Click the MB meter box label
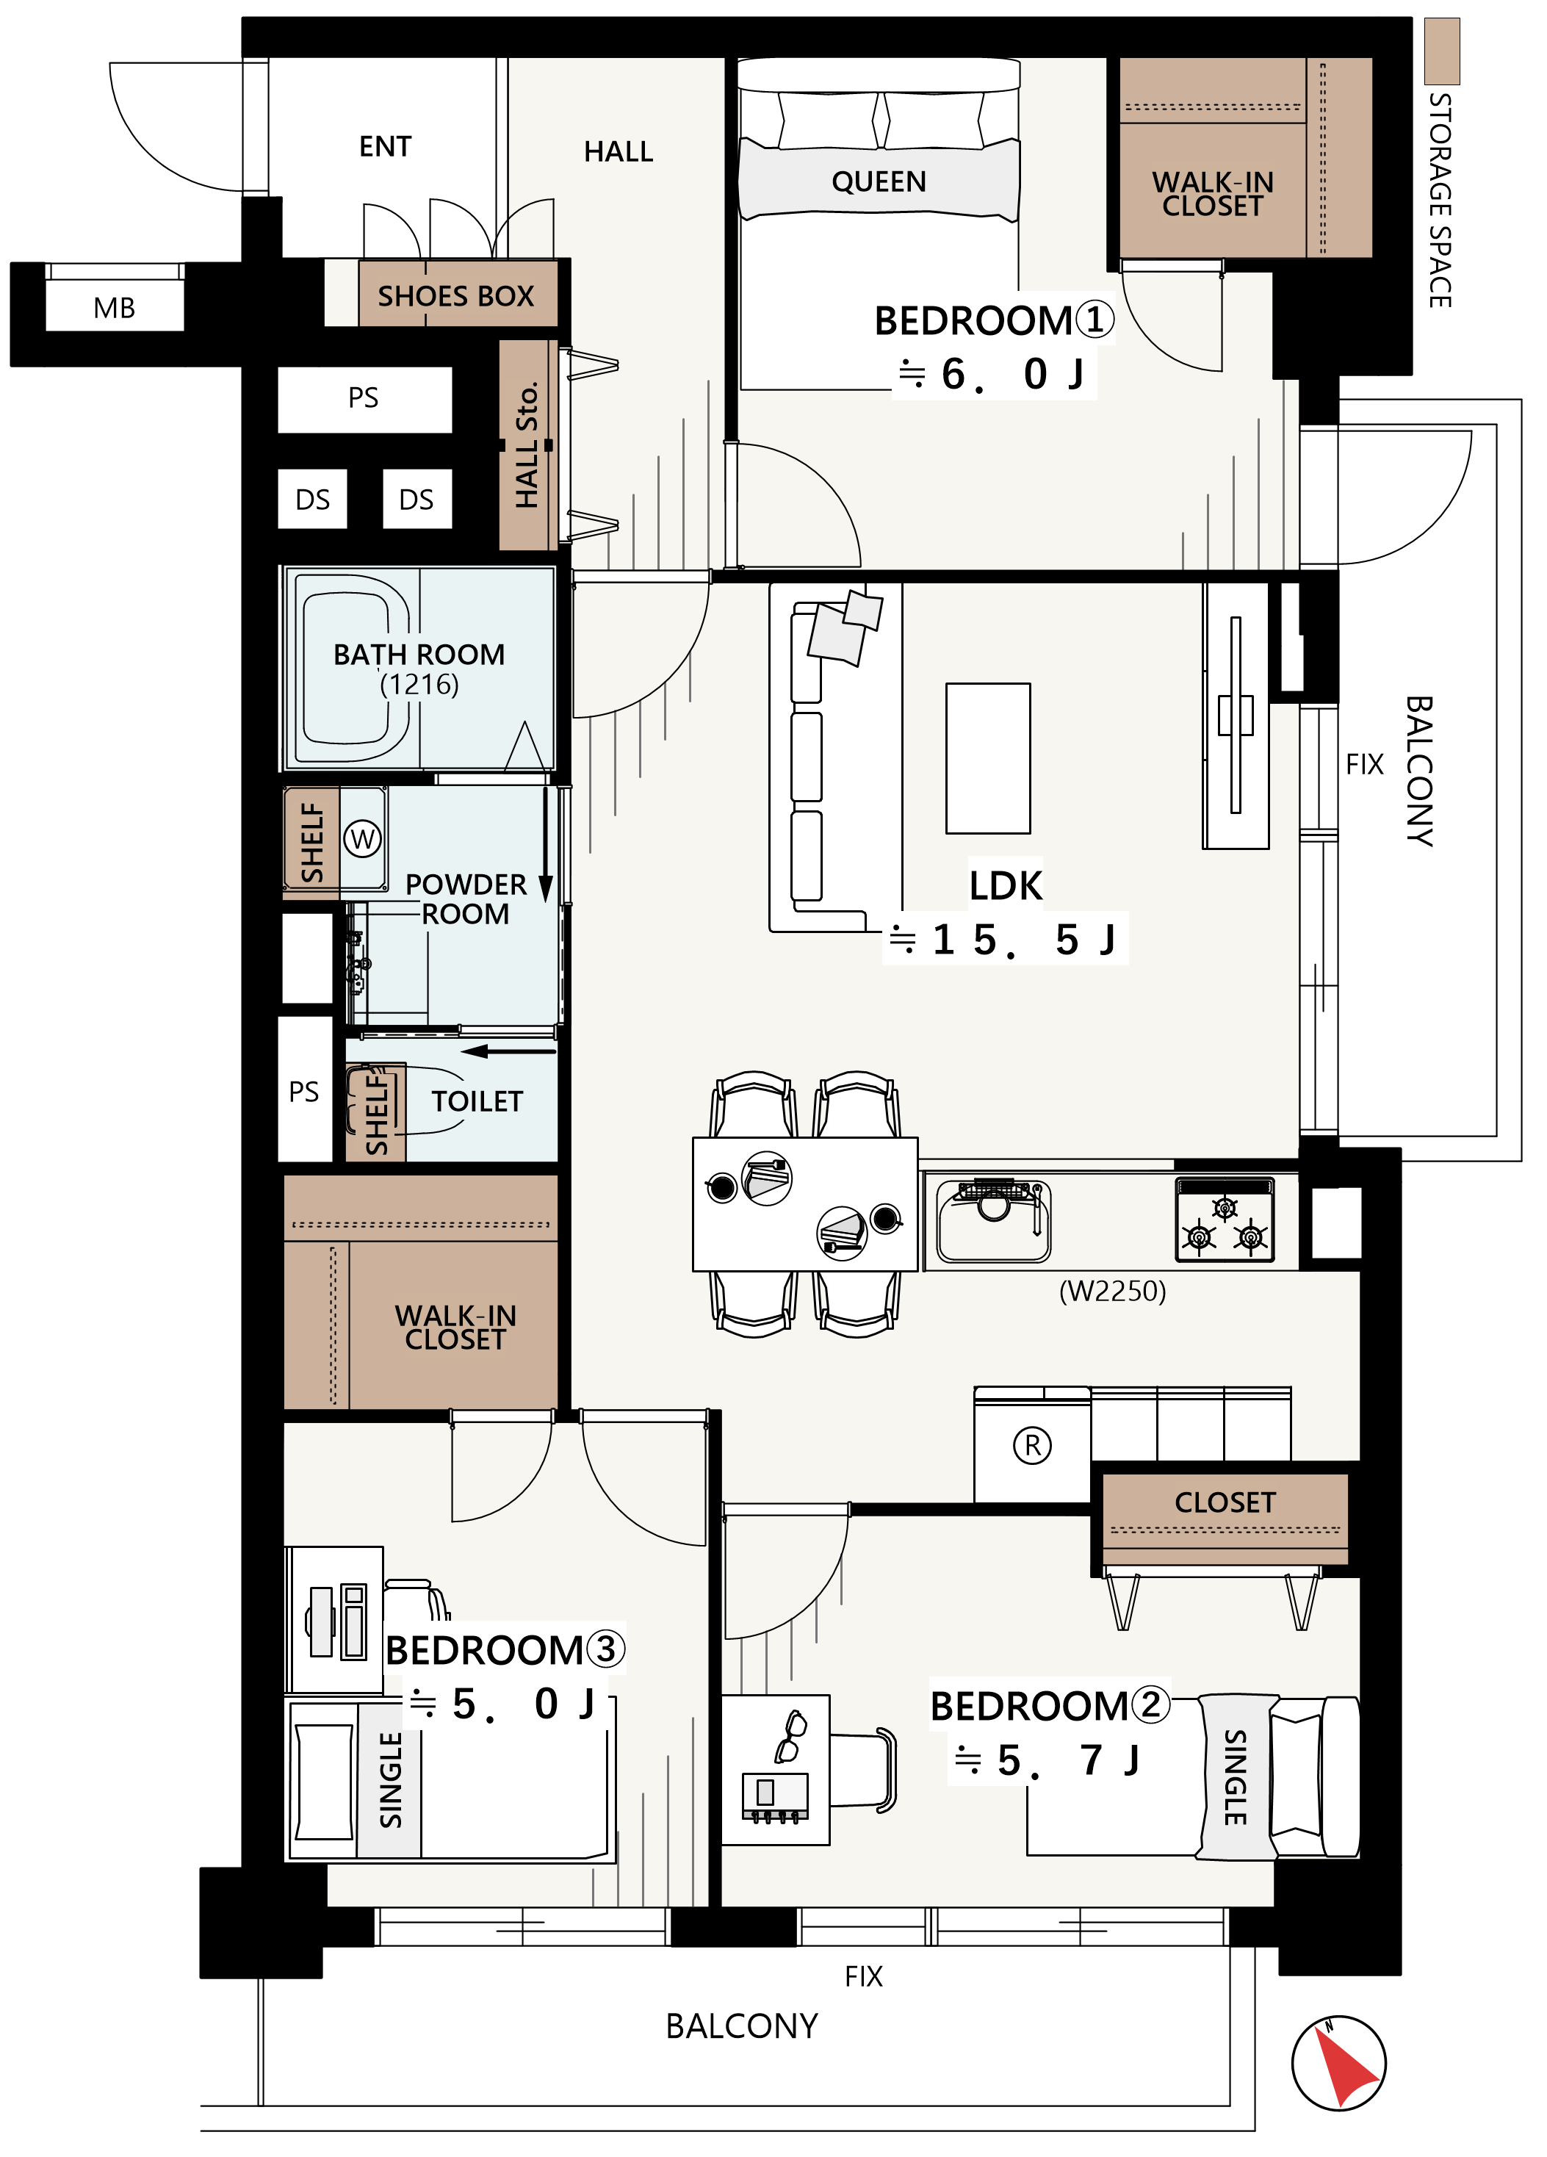[x=114, y=308]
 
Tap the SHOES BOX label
[x=455, y=296]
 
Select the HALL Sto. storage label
[x=527, y=445]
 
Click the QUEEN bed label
[x=879, y=181]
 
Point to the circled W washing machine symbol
[x=362, y=839]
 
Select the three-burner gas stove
[x=1225, y=1220]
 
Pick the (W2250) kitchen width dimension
[x=1112, y=1291]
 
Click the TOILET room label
[x=477, y=1101]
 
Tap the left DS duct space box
[x=313, y=500]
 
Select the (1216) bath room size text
[x=419, y=685]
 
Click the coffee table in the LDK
[x=988, y=758]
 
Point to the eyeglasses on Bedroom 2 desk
[x=791, y=1736]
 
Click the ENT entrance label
[x=385, y=146]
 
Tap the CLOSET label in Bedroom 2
[x=1225, y=1502]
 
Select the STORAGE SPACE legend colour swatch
[x=1441, y=51]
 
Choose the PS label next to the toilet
[x=304, y=1091]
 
